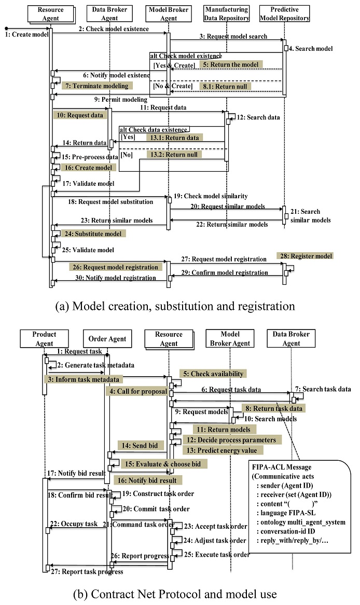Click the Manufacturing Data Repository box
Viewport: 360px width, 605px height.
point(226,13)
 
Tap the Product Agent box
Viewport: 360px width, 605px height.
point(44,338)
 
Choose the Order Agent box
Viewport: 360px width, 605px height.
point(107,339)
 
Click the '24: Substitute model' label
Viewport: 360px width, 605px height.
point(92,233)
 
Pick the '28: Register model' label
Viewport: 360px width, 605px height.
point(311,256)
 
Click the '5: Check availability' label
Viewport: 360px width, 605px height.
point(212,374)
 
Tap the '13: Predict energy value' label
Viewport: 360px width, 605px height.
point(226,450)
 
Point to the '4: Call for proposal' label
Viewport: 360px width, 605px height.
point(137,391)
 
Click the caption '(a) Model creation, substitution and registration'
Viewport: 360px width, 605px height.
point(175,306)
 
